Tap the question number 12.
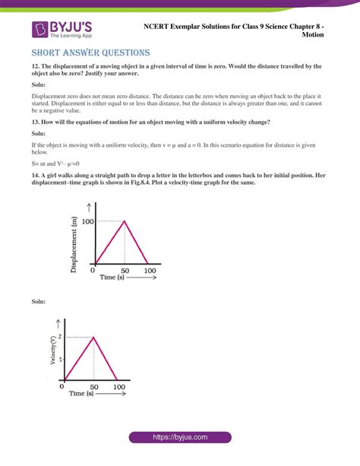point(36,68)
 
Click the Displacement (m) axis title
point(74,242)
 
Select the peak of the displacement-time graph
point(125,221)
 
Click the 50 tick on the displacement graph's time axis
point(125,271)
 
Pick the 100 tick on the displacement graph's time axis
point(150,271)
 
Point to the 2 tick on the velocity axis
point(61,336)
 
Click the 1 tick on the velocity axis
point(61,357)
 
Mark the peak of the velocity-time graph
point(93,336)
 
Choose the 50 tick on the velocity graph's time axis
point(93,386)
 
